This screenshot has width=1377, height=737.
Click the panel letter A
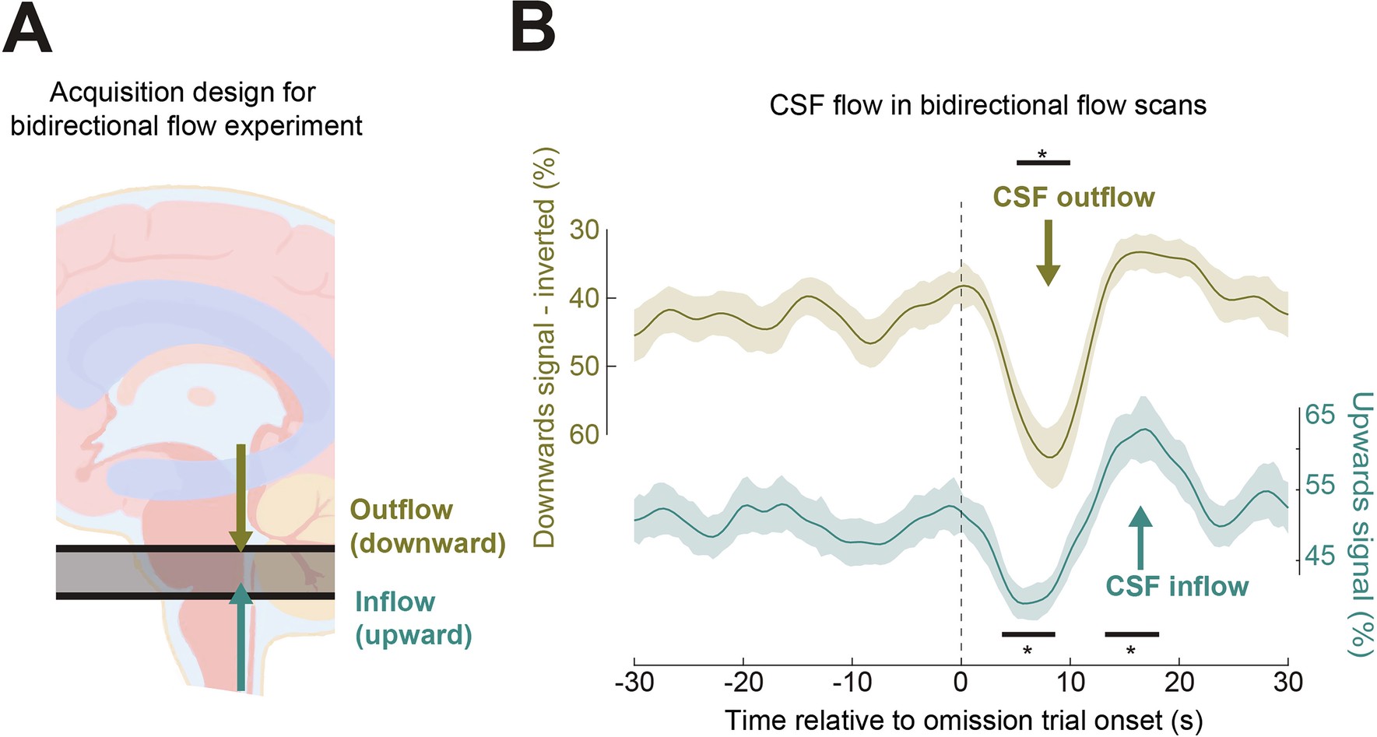(x=27, y=30)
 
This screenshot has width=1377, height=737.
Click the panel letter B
(x=533, y=30)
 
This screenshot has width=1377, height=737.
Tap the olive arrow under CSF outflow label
(x=1048, y=253)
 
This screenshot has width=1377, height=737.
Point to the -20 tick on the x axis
(x=743, y=682)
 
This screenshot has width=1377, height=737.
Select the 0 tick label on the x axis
(x=961, y=682)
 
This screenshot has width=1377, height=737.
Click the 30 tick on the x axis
(x=1287, y=682)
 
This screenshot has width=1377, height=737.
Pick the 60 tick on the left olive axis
(x=584, y=434)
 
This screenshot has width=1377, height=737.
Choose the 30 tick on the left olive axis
(x=584, y=230)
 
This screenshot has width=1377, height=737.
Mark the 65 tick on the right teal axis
(x=1319, y=415)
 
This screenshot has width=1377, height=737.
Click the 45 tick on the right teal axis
(x=1319, y=556)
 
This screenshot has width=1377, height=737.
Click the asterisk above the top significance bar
(x=1042, y=154)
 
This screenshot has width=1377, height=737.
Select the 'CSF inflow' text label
(x=1176, y=586)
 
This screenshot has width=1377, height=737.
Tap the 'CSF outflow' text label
(x=1073, y=198)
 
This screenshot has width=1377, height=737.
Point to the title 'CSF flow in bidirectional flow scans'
(x=987, y=105)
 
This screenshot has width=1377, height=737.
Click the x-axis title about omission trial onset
(x=963, y=720)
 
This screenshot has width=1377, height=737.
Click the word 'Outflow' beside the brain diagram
(x=401, y=510)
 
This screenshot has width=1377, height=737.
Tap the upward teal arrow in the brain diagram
(x=241, y=638)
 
